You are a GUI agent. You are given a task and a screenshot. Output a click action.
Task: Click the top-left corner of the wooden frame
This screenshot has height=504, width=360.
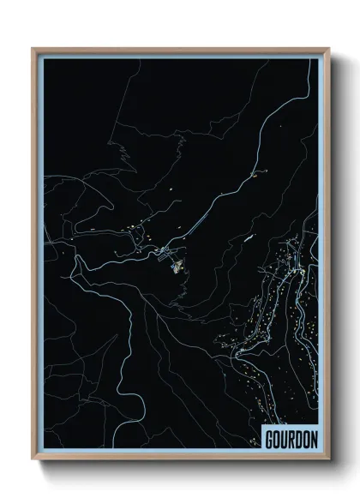33,50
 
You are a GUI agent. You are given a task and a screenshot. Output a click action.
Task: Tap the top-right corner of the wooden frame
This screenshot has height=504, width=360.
327,50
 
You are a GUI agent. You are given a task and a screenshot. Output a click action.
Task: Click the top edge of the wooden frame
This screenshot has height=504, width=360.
180,50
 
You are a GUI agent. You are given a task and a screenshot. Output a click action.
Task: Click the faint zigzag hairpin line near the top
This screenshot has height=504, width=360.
124,154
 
